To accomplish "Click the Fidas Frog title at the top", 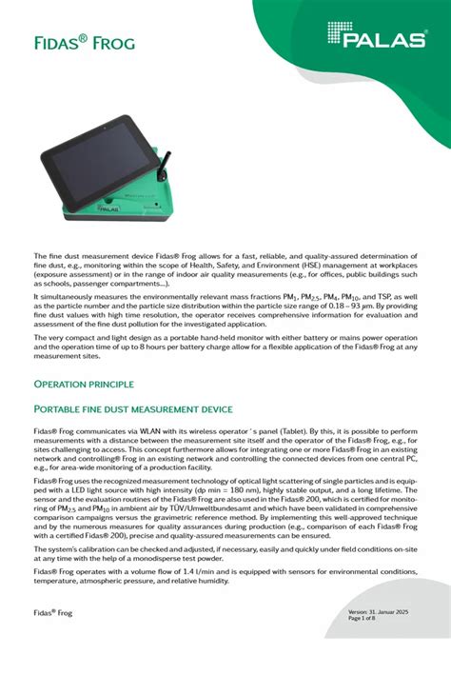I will (x=84, y=43).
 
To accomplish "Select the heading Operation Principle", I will (x=84, y=384).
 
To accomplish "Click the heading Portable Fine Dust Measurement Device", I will (x=133, y=409).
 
